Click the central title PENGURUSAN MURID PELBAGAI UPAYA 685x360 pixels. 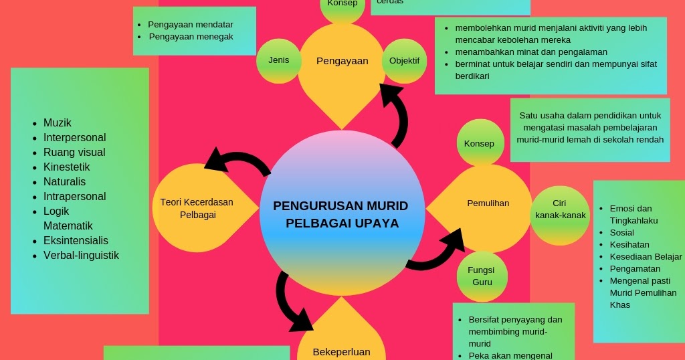pos(342,214)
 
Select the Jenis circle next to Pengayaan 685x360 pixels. pos(279,60)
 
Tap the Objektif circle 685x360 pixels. pos(404,61)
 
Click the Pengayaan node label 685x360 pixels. pos(342,61)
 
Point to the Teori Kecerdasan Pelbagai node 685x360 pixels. pos(197,208)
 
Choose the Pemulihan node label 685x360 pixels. pos(488,203)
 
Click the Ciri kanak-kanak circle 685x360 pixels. pos(560,209)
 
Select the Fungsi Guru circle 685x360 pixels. pos(482,276)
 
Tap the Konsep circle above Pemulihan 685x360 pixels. pos(479,144)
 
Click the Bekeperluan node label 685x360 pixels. pos(341,352)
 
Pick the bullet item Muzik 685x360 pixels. pos(58,123)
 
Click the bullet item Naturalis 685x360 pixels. pos(64,182)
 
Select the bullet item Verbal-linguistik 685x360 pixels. pos(81,256)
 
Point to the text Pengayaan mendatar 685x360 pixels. pos(190,25)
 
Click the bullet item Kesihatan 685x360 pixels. pos(629,245)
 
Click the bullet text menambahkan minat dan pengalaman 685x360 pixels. pos(531,52)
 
